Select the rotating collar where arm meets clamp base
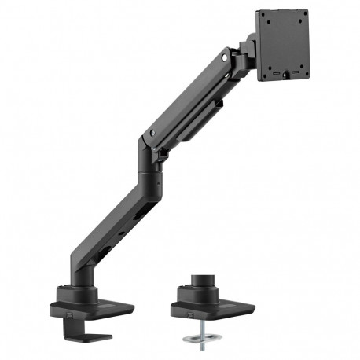pos(82,295)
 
